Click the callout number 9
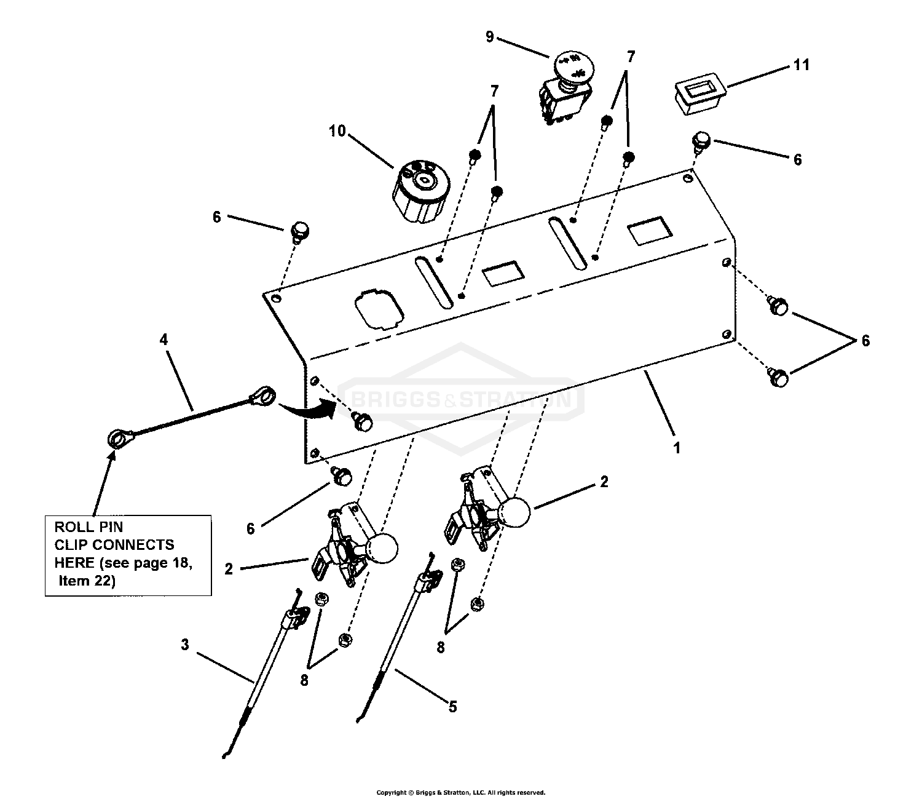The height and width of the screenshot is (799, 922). [x=489, y=37]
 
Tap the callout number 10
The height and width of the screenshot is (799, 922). [x=337, y=131]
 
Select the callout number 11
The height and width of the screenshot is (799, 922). [x=801, y=65]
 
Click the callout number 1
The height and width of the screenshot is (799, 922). [x=677, y=448]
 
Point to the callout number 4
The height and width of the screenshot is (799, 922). [x=164, y=339]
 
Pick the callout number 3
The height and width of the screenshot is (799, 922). [x=185, y=645]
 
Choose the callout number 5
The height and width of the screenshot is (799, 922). [x=452, y=707]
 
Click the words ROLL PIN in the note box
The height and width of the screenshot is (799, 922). [x=89, y=527]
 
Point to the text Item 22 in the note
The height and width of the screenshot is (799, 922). [x=87, y=581]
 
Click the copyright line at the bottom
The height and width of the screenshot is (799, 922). [x=460, y=793]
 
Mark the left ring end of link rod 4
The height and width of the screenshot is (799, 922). [x=116, y=439]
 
